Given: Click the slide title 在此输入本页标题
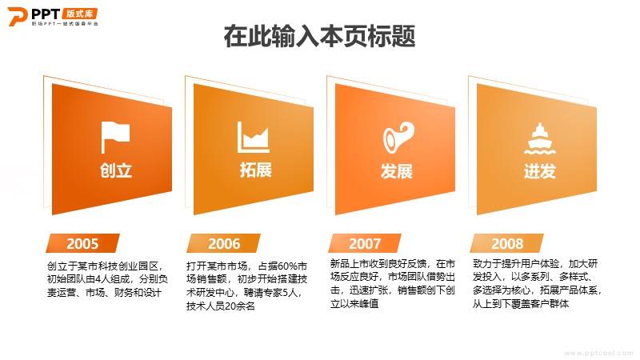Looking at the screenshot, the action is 319,35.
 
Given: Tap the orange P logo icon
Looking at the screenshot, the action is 17,16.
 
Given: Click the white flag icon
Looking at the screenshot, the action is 115,137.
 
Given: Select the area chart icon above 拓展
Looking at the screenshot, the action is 253,137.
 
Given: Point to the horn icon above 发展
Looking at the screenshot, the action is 398,138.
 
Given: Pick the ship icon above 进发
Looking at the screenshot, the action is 539,138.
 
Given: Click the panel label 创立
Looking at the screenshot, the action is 116,170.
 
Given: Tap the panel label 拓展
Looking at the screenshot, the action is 256,170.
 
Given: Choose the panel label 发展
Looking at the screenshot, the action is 396,171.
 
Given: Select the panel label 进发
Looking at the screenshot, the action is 539,171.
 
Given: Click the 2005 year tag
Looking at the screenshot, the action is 82,243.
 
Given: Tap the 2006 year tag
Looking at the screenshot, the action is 224,243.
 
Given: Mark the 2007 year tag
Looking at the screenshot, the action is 365,243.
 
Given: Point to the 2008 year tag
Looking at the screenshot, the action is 507,243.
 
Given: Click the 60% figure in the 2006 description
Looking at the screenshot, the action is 287,266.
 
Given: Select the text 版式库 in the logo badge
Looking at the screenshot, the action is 79,14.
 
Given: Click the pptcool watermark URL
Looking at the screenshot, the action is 598,354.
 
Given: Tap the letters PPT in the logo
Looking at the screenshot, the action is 46,14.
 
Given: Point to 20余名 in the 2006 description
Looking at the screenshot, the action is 240,306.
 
